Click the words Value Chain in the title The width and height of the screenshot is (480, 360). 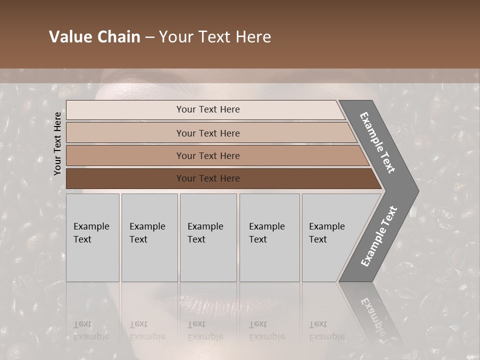point(94,37)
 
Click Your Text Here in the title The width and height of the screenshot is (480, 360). point(215,37)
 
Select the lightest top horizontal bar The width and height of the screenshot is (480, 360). point(208,109)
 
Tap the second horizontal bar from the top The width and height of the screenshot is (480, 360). point(208,133)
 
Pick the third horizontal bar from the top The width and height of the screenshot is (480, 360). point(208,155)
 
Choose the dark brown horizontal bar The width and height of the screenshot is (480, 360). point(208,178)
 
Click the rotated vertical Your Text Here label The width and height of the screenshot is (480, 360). point(57,143)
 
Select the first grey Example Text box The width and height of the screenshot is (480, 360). point(92,237)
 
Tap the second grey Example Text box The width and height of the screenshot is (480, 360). point(149,237)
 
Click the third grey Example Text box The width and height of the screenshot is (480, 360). point(208,237)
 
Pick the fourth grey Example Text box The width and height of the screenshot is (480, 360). point(269,237)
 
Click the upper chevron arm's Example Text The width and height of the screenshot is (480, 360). point(377,142)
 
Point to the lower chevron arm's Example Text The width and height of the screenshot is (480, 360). point(379,236)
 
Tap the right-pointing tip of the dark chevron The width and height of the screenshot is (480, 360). point(416,191)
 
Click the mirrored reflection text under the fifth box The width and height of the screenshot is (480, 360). point(326,330)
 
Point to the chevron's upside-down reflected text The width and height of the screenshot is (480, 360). point(372,315)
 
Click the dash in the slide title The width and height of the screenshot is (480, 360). point(149,37)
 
